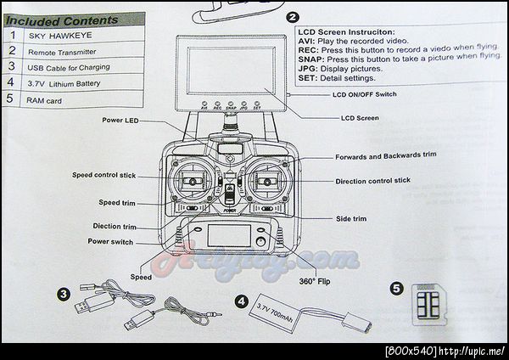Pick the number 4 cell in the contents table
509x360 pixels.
pos(11,83)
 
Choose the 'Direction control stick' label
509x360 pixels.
pos(372,181)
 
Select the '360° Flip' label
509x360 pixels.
pos(314,281)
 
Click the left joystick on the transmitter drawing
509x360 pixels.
pos(194,182)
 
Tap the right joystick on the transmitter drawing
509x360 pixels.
pos(268,181)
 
